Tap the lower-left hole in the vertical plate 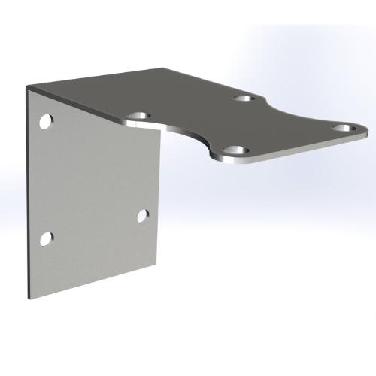[x=46, y=239]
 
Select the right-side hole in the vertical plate [x=142, y=216]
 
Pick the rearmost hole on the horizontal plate [x=242, y=99]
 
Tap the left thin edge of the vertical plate [x=27, y=188]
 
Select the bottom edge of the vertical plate [x=94, y=277]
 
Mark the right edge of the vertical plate [x=160, y=196]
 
